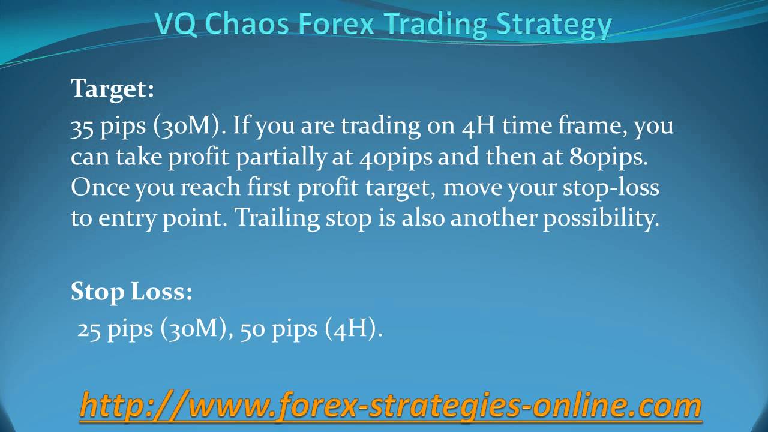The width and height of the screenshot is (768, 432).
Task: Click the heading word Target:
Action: [112, 89]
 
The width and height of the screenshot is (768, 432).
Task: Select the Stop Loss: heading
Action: [131, 292]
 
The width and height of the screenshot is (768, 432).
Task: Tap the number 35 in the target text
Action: [82, 127]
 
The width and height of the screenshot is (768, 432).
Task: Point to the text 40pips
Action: [397, 157]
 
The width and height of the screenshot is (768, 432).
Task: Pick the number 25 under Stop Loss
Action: [89, 329]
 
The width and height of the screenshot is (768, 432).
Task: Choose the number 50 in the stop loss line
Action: [253, 329]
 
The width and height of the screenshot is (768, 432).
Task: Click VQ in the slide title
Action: [174, 25]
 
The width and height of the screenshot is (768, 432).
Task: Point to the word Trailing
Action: [275, 218]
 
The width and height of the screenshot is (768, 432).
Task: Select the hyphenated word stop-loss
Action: [611, 188]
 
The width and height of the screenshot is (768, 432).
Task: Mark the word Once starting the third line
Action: [100, 188]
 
